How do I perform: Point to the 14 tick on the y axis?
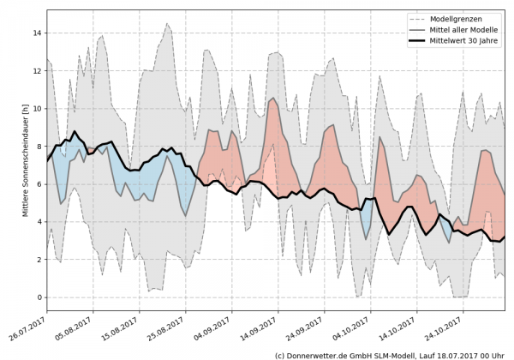(x=38, y=33)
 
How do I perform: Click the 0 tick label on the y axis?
(x=39, y=297)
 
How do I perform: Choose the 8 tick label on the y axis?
(x=39, y=147)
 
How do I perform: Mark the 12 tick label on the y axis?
(x=38, y=71)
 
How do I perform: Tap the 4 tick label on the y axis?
(x=39, y=222)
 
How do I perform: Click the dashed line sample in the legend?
(x=419, y=19)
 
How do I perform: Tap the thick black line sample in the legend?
(x=419, y=41)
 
